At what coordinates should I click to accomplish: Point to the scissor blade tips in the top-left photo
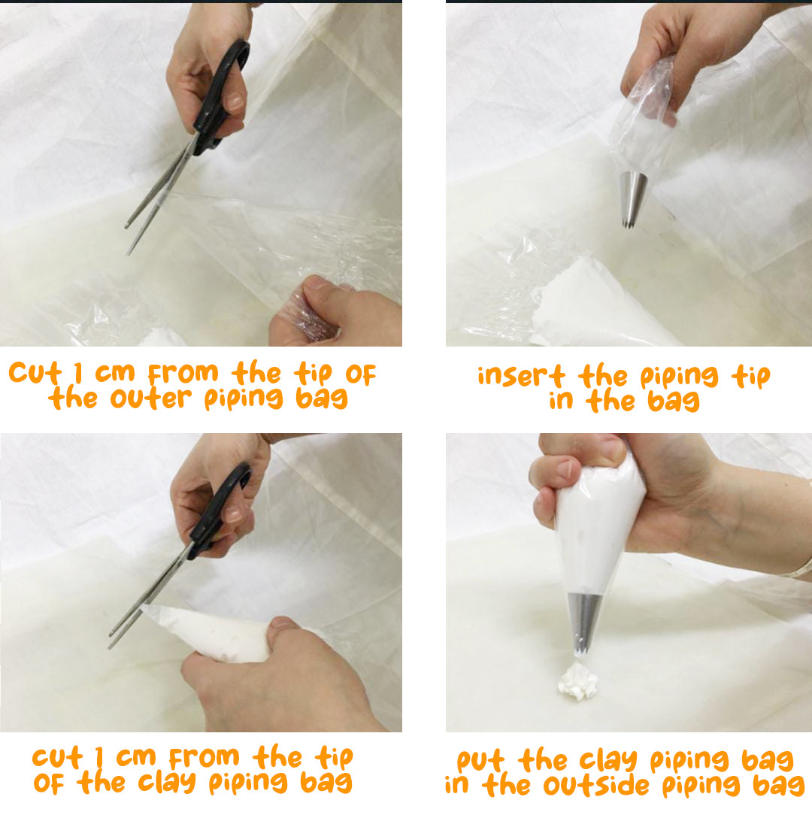(x=129, y=239)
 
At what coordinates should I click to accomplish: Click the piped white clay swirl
(x=578, y=680)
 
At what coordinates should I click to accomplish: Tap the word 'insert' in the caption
(x=522, y=375)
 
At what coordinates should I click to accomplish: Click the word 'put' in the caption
(x=480, y=761)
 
